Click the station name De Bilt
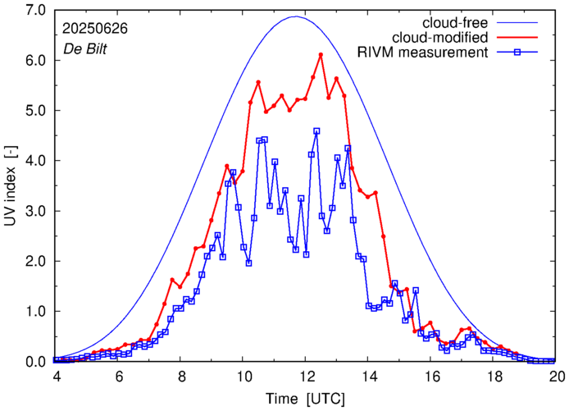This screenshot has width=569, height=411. click(84, 48)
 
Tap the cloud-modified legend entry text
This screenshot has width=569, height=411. click(441, 38)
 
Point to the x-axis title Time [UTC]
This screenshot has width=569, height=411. click(305, 399)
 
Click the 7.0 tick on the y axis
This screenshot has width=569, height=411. click(35, 11)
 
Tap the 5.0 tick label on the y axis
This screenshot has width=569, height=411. click(35, 111)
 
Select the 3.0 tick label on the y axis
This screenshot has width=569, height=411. click(35, 211)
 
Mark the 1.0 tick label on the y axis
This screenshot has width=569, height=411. click(35, 312)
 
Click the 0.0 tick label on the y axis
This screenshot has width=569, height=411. click(35, 362)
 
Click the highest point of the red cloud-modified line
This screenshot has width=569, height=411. click(321, 55)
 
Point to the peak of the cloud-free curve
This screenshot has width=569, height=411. click(296, 16)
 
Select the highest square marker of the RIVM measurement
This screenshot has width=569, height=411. click(316, 131)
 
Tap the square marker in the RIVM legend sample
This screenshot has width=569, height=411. click(523, 53)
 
